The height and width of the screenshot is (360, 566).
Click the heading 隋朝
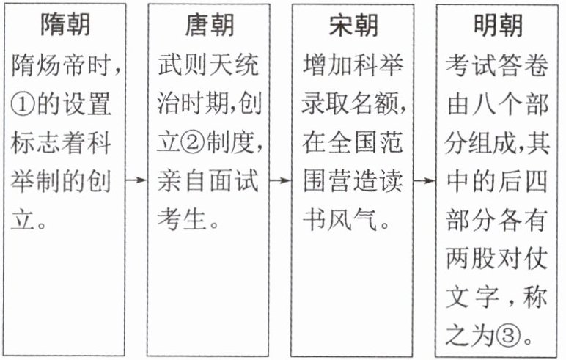click(x=65, y=26)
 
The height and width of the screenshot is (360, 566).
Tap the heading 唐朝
click(x=209, y=26)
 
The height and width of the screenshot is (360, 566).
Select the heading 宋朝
click(x=353, y=26)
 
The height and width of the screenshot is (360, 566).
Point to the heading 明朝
click(x=498, y=26)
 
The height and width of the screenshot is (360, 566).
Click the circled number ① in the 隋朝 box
click(x=24, y=104)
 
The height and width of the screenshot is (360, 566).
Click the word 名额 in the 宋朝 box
click(x=379, y=104)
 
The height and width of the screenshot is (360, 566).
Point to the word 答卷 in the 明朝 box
click(x=523, y=65)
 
